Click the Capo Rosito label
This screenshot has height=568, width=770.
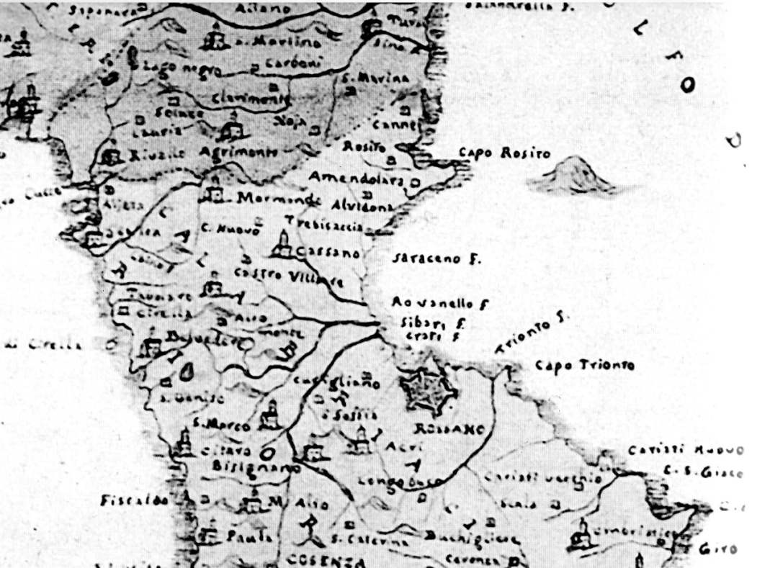tap(503, 154)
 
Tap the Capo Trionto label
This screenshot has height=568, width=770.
tap(585, 366)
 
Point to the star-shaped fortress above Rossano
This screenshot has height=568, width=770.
tap(429, 392)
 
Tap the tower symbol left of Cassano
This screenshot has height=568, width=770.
tap(282, 245)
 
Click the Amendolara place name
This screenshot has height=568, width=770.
tap(356, 178)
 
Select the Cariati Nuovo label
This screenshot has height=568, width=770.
tap(684, 451)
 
